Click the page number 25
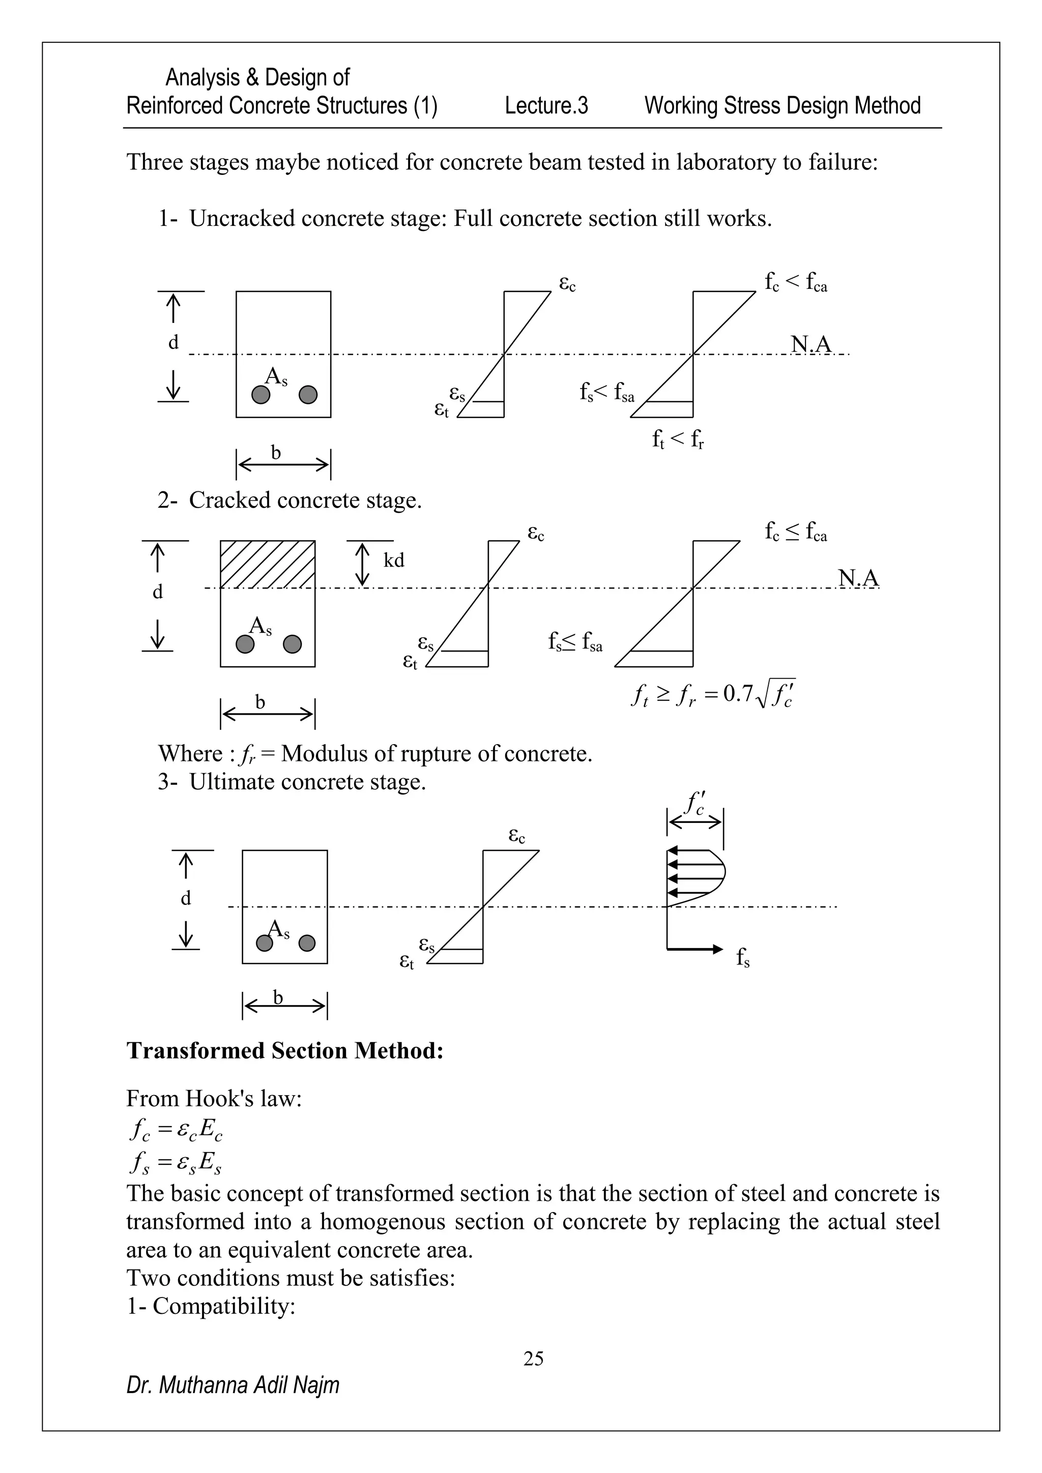533,1358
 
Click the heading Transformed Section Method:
284,1050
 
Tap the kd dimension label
393,561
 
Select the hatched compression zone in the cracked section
268,564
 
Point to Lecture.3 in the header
546,105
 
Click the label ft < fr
678,439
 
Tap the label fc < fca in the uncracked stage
796,282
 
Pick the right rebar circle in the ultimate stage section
307,943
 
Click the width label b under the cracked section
260,702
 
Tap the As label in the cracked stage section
260,626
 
